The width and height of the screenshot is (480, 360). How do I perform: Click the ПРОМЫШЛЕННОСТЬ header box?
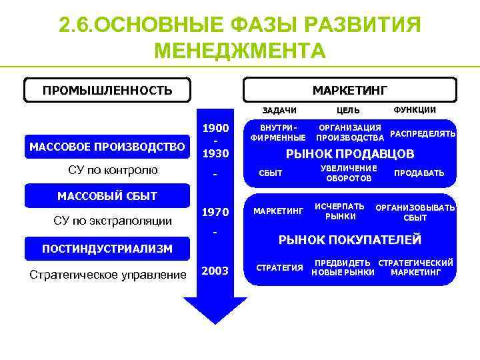pyautogui.click(x=107, y=90)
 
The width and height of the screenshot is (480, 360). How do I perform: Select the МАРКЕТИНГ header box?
pyautogui.click(x=349, y=90)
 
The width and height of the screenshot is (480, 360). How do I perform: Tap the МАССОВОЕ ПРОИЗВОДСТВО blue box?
pyautogui.click(x=107, y=147)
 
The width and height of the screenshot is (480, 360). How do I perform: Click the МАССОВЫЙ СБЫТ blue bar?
pyautogui.click(x=107, y=196)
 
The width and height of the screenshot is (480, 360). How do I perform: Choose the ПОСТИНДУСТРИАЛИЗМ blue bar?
pyautogui.click(x=107, y=249)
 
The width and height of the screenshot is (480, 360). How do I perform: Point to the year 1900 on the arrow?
pyautogui.click(x=215, y=128)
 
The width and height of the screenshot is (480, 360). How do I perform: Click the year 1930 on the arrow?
pyautogui.click(x=215, y=154)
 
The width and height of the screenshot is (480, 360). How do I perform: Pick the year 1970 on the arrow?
pyautogui.click(x=215, y=213)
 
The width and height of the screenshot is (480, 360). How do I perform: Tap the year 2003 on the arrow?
pyautogui.click(x=215, y=271)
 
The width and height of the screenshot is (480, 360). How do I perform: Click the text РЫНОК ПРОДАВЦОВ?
pyautogui.click(x=350, y=155)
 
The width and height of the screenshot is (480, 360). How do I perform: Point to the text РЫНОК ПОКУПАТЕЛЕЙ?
pyautogui.click(x=349, y=239)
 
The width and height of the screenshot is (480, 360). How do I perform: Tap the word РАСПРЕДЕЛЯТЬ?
pyautogui.click(x=422, y=133)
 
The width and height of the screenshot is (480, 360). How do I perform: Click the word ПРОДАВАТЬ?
pyautogui.click(x=419, y=173)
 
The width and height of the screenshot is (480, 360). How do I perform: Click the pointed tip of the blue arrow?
pyautogui.click(x=215, y=323)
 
